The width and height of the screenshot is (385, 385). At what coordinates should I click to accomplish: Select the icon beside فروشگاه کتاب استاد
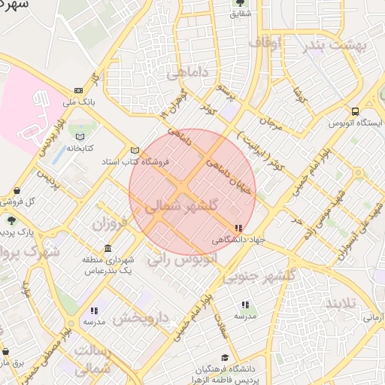(135, 150)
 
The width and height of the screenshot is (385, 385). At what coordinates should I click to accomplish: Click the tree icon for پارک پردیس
(12, 219)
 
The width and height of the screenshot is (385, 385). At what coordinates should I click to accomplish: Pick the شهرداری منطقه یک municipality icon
(108, 249)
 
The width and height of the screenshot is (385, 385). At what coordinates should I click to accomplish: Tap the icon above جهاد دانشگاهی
(238, 228)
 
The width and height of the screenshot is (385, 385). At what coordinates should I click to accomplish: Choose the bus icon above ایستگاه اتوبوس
(355, 111)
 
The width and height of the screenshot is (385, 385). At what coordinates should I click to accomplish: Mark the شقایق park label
(240, 13)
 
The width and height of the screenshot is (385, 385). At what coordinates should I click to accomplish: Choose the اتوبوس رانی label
(182, 259)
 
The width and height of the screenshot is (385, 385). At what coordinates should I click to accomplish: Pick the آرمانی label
(374, 318)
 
